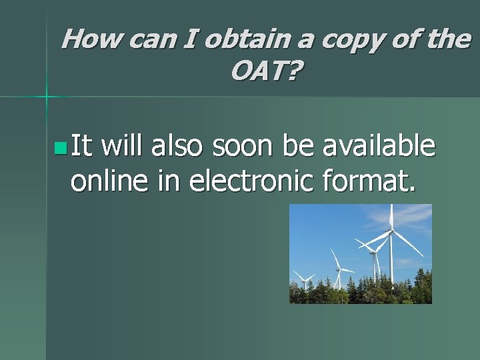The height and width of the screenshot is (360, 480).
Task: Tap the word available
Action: [379, 145]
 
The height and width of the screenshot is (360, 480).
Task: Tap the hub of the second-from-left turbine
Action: [339, 269]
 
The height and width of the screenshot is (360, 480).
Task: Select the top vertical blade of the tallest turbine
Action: [391, 217]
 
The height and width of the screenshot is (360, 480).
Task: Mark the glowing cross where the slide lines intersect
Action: [46, 97]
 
